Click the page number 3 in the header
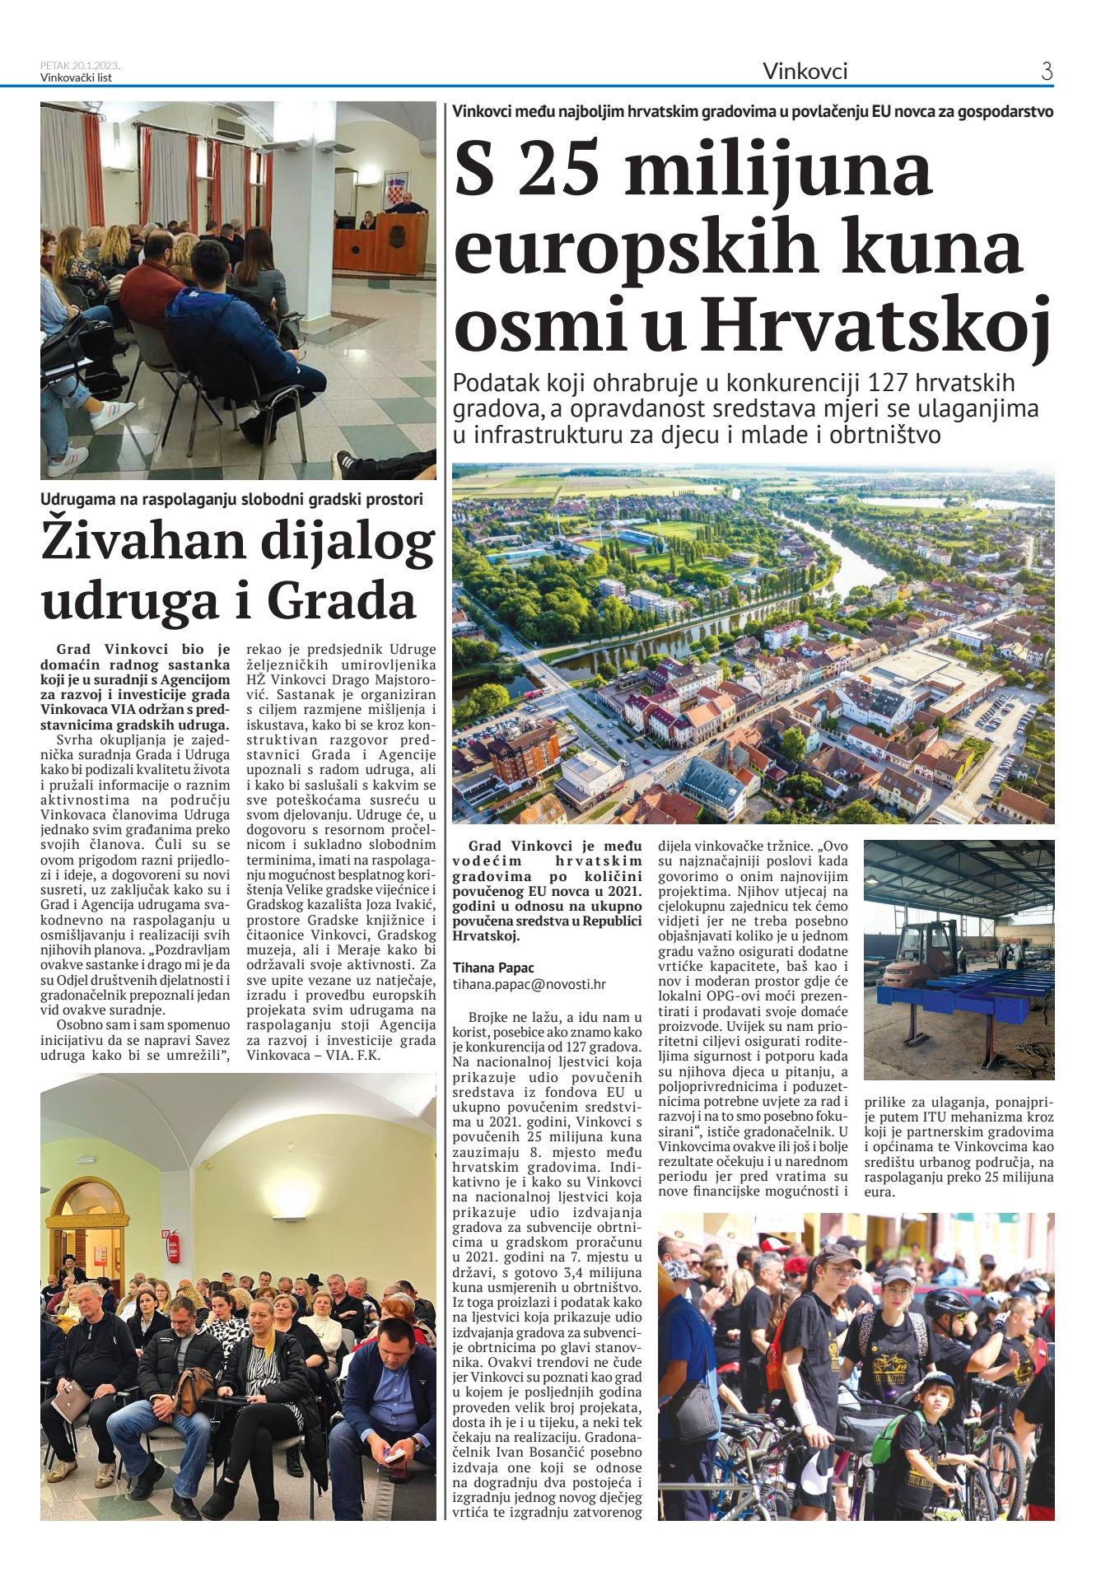click(x=1047, y=72)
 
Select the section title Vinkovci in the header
click(x=805, y=72)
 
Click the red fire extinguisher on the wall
click(x=173, y=1245)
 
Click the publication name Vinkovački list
click(x=76, y=78)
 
